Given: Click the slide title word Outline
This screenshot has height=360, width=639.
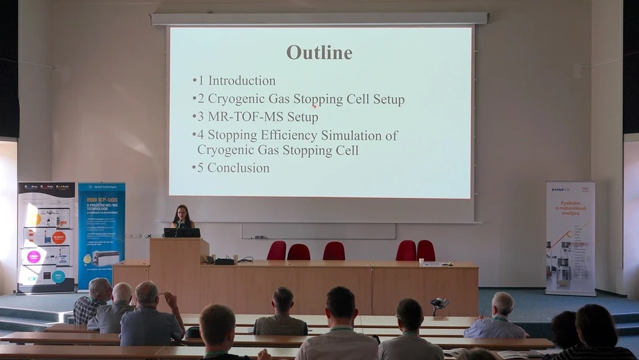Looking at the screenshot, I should coord(319,52).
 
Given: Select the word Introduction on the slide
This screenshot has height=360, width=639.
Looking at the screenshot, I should coord(241,81).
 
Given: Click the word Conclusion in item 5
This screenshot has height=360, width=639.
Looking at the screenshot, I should coord(238,168).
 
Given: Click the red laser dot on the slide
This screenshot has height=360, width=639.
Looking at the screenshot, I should coord(315,105).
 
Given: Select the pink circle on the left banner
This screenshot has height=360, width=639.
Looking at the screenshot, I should coord(33,257).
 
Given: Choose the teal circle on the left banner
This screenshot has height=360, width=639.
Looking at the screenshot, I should coord(58,276).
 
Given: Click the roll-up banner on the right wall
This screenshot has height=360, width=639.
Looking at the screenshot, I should coord(570,237).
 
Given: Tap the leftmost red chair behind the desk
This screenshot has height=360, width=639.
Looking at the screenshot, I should coord(276,251).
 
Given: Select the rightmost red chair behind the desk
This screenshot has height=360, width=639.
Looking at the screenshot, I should coord(426,250).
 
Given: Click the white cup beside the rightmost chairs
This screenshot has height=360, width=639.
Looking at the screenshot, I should coord(421,261).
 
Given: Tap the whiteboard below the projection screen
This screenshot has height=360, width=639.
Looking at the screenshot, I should coord(318,231).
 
